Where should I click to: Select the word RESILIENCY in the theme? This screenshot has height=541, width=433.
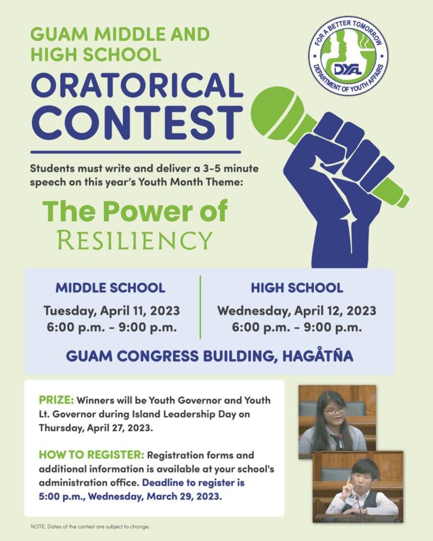point(135,240)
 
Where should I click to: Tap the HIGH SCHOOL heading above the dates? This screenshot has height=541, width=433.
point(297,287)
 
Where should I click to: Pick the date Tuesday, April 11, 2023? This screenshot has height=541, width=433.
point(111,311)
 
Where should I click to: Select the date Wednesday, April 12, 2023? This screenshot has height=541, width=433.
point(297,311)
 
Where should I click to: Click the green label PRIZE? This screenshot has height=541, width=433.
point(56,401)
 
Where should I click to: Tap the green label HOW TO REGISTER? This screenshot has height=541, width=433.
point(91,455)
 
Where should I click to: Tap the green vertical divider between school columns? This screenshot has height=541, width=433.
point(200,306)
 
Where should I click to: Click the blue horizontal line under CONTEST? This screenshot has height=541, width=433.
point(135,152)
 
